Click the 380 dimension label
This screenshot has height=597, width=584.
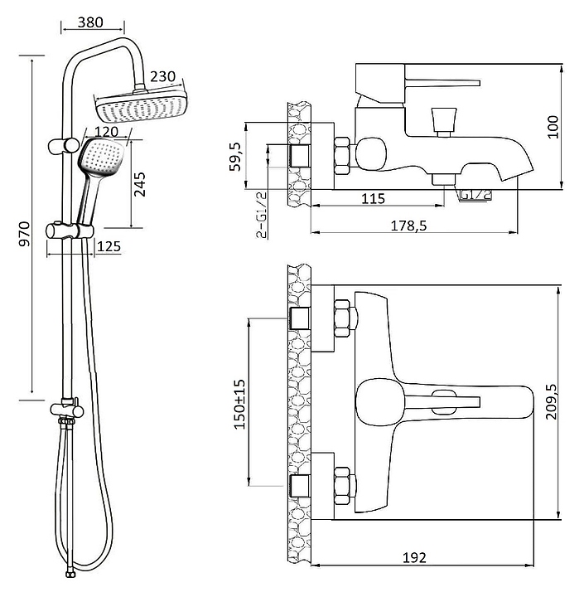tap(90, 22)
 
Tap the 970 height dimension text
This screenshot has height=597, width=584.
tap(25, 234)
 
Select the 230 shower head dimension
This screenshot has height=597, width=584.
tap(163, 76)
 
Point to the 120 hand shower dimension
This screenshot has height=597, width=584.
tap(106, 132)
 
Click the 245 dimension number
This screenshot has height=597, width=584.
tap(140, 184)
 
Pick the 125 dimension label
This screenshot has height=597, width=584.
tap(109, 246)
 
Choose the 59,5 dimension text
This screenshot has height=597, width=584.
tap(236, 157)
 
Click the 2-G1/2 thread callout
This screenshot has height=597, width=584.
tap(262, 215)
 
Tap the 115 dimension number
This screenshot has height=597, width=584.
tap(374, 198)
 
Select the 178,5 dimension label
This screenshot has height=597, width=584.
tap(409, 226)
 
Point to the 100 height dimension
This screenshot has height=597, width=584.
tap(553, 127)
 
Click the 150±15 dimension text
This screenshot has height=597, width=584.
tap(239, 405)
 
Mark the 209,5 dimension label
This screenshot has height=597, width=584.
tap(552, 401)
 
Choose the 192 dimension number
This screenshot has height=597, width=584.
tap(415, 557)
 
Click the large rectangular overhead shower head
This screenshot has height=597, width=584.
tap(141, 105)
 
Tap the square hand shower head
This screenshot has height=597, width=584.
tap(101, 157)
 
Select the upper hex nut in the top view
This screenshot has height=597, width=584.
tap(342, 318)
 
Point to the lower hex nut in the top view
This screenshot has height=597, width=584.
tap(342, 487)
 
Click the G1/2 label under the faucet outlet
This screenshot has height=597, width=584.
tap(475, 195)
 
